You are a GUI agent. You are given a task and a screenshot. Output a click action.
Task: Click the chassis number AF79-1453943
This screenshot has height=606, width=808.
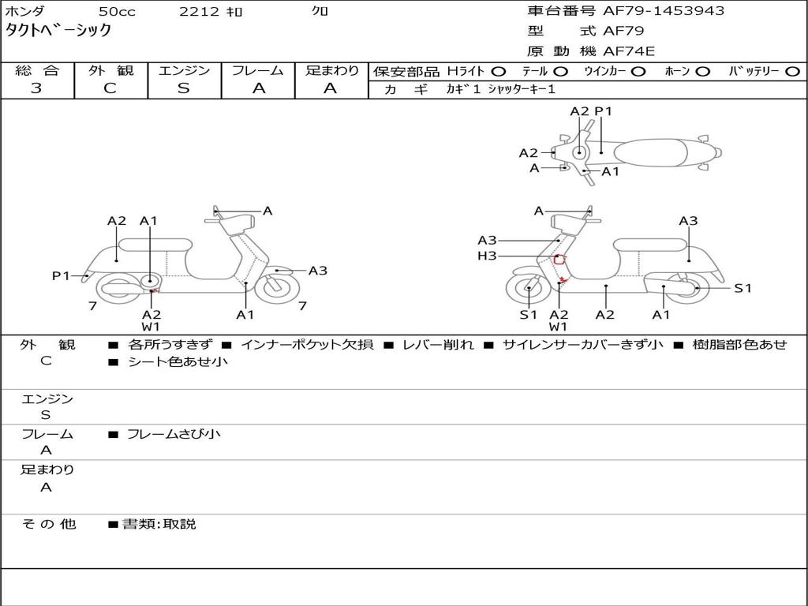(x=664, y=11)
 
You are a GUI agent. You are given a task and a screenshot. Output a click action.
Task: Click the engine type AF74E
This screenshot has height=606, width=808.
(x=629, y=51)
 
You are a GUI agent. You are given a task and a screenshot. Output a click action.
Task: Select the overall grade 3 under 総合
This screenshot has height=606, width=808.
(x=36, y=88)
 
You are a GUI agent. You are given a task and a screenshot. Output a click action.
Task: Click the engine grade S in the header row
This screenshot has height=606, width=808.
(x=184, y=88)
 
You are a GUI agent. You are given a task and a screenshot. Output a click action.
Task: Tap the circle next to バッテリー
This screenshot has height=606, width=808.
(x=793, y=72)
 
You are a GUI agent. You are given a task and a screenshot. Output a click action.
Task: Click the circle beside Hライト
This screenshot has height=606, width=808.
(x=499, y=72)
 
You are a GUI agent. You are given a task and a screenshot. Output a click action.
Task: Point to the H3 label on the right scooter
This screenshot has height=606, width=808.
(x=487, y=256)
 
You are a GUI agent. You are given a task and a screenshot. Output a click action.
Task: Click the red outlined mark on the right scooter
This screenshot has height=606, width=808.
(x=559, y=260)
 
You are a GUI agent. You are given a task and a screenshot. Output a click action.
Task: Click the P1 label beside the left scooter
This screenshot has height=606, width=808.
(x=61, y=275)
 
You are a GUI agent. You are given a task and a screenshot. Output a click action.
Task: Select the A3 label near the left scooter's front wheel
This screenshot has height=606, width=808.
(x=318, y=271)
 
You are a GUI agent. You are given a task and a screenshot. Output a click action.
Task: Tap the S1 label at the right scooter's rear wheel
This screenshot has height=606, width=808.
(x=743, y=288)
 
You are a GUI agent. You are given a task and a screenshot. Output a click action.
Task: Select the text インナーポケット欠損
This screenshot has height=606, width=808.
(x=307, y=344)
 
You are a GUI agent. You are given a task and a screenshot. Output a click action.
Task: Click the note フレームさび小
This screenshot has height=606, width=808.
(x=174, y=435)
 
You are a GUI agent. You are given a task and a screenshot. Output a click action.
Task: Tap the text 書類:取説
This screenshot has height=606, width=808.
(x=159, y=524)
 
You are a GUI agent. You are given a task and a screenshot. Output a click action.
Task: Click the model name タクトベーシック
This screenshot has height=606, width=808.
(x=58, y=30)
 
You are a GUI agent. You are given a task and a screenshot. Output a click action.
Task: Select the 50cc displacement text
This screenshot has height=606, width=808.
(x=117, y=11)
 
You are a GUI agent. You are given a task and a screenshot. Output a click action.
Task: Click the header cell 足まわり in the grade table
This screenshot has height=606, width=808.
(x=331, y=70)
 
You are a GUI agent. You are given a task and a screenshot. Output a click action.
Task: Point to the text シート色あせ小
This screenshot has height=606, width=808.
(x=178, y=361)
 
